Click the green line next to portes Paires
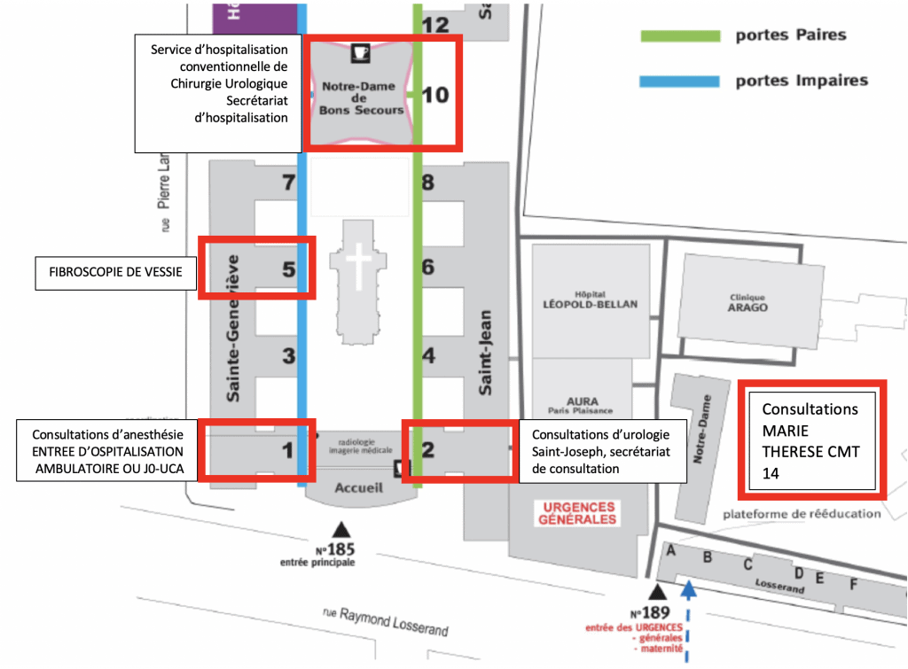[680, 36]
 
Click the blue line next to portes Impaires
[680, 82]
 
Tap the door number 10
[435, 94]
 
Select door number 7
[286, 184]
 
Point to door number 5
[288, 269]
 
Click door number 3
[288, 357]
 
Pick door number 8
[428, 184]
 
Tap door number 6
[428, 267]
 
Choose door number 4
[428, 357]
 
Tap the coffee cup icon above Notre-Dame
[360, 52]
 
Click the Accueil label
[359, 487]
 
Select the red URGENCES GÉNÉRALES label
[577, 513]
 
